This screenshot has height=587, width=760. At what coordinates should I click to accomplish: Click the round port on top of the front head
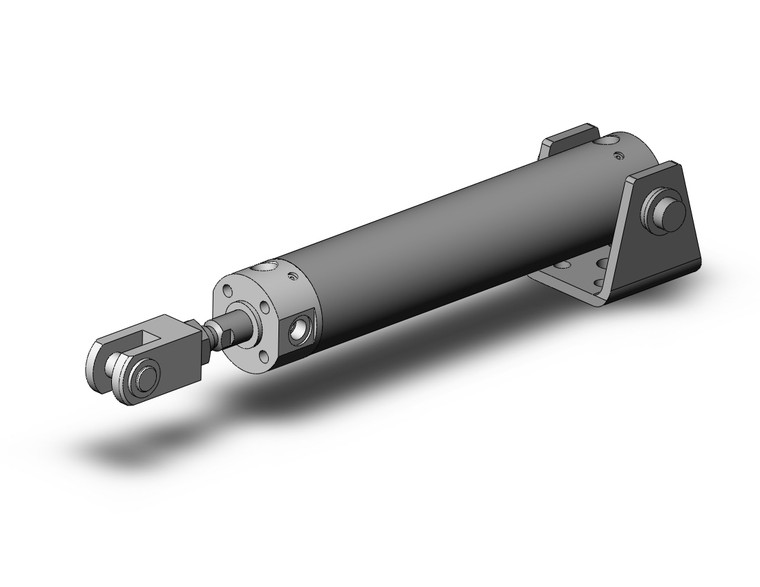tap(267, 267)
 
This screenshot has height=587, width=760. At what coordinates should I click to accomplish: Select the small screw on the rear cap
tap(621, 156)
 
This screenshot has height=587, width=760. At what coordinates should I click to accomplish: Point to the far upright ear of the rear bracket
tap(570, 137)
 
